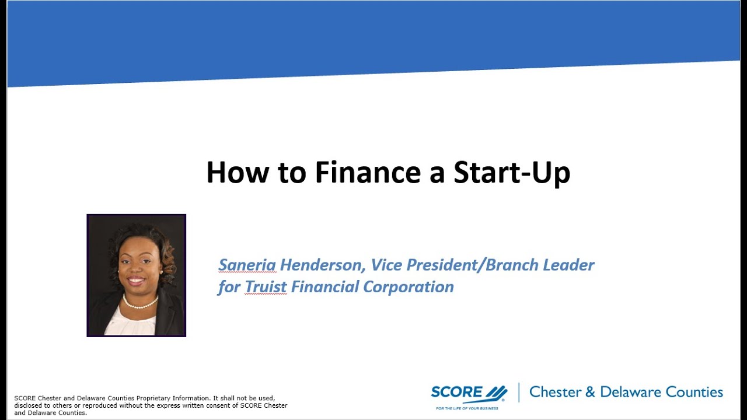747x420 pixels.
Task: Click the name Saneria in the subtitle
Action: (x=247, y=265)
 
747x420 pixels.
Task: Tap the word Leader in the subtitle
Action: (x=568, y=265)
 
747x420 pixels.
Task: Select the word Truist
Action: (x=266, y=287)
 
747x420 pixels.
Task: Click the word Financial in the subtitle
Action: (x=324, y=287)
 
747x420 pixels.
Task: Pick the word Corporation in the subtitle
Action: (x=409, y=287)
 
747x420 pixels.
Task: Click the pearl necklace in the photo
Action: (x=139, y=303)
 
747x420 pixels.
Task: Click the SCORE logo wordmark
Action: (x=457, y=392)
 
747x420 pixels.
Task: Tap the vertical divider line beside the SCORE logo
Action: (x=518, y=393)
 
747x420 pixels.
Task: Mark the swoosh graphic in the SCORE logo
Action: (x=496, y=392)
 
